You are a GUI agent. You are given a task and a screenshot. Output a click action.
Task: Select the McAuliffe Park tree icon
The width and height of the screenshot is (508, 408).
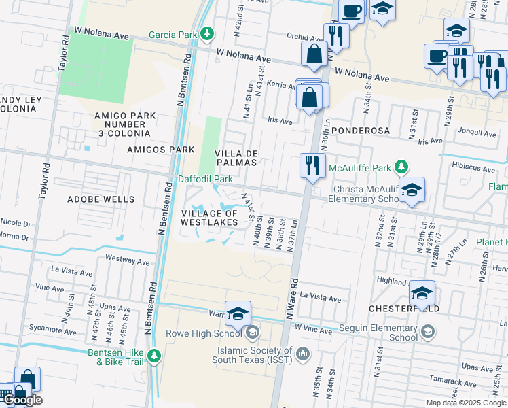tap(401, 167)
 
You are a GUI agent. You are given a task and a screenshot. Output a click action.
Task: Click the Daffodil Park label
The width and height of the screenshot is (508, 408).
tap(206, 179)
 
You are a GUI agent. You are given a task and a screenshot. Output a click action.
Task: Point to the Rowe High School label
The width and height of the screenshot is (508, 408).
tap(204, 333)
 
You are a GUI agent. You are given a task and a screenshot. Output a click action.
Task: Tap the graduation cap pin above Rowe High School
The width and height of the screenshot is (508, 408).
tap(238, 313)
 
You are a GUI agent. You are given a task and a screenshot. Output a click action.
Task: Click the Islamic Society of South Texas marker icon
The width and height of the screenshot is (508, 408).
tap(303, 353)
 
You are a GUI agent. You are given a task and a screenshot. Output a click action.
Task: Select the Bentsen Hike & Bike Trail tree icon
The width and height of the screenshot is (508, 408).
tap(155, 356)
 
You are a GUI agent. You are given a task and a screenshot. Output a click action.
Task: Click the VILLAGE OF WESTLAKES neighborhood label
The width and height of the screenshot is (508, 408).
tap(210, 217)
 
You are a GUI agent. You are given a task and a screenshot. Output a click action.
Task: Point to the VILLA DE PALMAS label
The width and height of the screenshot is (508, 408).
tap(236, 158)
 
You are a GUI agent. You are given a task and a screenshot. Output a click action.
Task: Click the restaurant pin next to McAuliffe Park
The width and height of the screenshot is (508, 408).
tap(312, 167)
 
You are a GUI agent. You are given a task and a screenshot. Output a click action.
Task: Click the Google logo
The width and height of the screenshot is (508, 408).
tap(22, 400)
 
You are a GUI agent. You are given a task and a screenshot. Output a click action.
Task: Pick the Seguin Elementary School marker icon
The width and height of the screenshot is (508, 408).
tap(427, 333)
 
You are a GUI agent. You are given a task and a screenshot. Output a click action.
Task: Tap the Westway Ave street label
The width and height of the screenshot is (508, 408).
tap(128, 260)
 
